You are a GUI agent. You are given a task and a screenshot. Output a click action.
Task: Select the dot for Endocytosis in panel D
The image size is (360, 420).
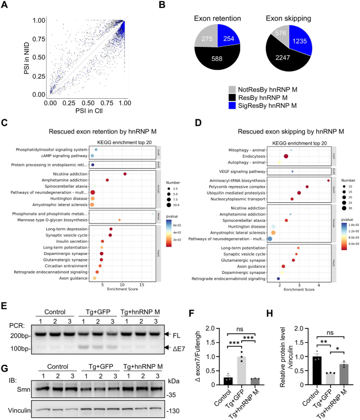coord(286,156)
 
